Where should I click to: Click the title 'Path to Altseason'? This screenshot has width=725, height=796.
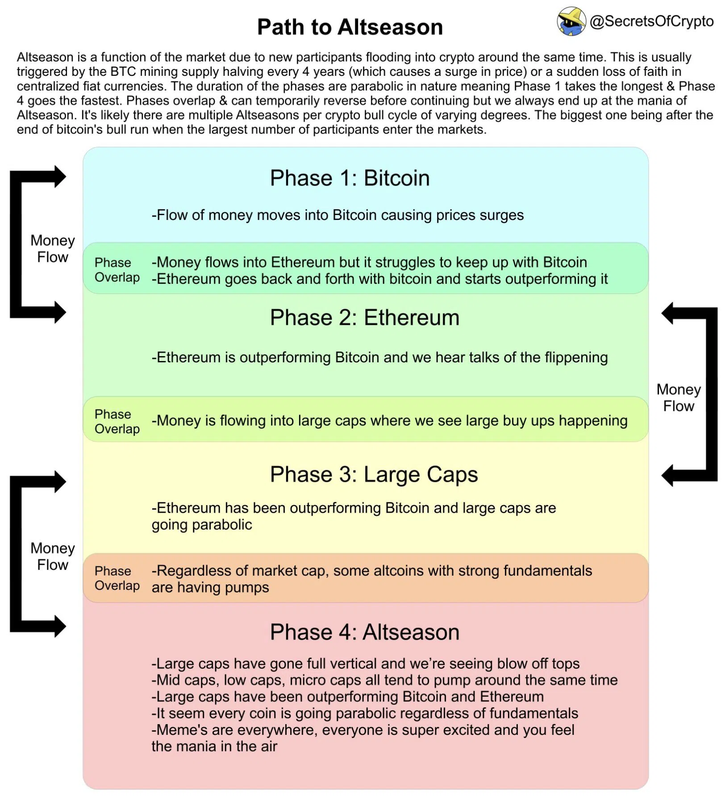(350, 27)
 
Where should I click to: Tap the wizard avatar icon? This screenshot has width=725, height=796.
(571, 21)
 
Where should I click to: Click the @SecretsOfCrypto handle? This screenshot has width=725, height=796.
(651, 21)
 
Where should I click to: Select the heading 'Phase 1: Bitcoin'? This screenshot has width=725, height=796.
(350, 178)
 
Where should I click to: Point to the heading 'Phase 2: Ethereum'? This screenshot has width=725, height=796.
(364, 318)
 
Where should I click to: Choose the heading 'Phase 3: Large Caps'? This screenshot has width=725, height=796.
(374, 474)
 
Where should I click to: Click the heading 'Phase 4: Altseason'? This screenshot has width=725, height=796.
(364, 632)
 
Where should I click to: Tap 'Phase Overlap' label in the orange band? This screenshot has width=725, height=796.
(117, 578)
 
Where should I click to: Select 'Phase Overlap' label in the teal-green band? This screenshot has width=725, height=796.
(117, 270)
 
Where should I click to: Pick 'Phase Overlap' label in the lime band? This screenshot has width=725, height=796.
(117, 422)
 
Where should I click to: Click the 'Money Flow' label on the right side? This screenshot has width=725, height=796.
(678, 398)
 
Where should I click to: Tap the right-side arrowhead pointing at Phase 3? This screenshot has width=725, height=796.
(669, 475)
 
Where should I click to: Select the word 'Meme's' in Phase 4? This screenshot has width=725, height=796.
(178, 730)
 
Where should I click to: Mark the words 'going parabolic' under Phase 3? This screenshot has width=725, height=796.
(202, 525)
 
